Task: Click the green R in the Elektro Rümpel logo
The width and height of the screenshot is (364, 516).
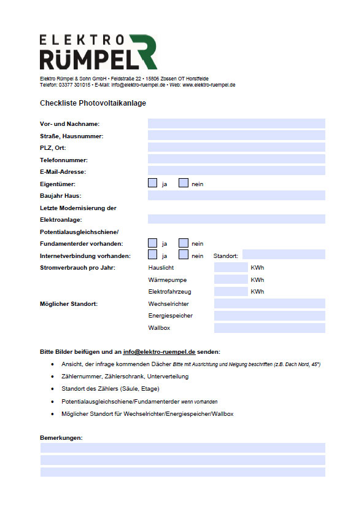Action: coord(145,52)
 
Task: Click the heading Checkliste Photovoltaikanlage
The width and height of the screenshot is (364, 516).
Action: coord(93,103)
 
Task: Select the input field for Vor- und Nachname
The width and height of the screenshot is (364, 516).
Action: coord(236,123)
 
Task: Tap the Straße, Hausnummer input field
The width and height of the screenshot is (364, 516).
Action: coord(236,135)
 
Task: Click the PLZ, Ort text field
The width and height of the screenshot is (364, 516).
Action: coord(236,147)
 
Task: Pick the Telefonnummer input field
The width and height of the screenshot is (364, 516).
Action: coord(236,159)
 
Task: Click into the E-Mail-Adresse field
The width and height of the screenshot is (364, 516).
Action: coord(236,171)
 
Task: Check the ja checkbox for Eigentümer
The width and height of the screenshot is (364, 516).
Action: coord(153,183)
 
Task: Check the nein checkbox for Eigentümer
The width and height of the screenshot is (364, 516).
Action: coord(183,183)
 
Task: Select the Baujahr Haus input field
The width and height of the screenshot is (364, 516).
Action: coord(236,195)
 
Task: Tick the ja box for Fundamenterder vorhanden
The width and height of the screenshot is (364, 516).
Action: coord(153,243)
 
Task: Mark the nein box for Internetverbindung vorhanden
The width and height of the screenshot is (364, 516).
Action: coord(183,255)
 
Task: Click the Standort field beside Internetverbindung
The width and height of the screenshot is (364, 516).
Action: coord(284,255)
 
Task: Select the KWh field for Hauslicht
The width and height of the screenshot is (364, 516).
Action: coord(230,267)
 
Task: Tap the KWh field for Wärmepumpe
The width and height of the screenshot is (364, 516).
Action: coord(230,279)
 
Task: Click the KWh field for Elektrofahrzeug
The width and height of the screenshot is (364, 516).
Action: coord(230,291)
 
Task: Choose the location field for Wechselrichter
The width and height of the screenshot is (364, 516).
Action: coord(269,303)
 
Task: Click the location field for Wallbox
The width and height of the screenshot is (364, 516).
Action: coord(269,327)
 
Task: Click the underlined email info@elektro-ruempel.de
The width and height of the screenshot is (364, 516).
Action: coord(159,352)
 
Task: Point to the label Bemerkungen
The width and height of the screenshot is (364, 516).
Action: coord(61,437)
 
